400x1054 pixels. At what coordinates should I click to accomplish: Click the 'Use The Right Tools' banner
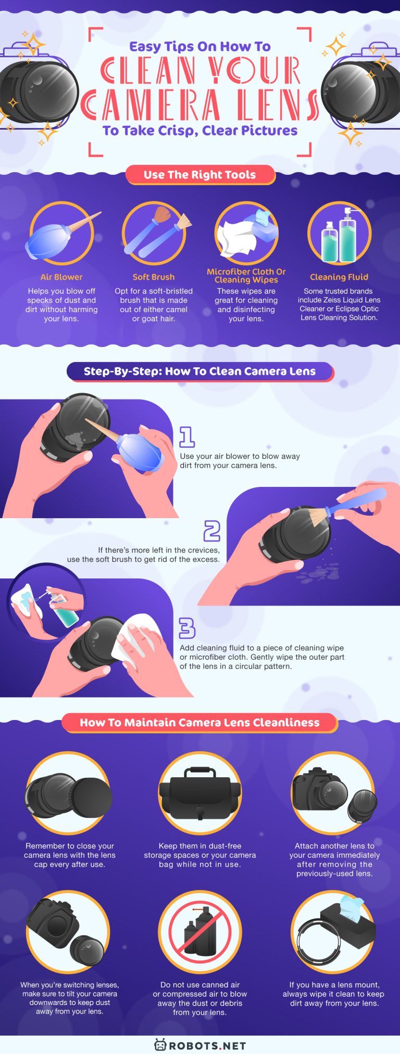[x=200, y=175]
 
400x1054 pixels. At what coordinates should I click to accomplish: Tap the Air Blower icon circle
[x=61, y=234]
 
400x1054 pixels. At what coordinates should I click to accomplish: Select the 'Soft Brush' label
[x=154, y=277]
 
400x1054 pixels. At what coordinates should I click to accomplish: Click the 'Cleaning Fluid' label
[x=339, y=277]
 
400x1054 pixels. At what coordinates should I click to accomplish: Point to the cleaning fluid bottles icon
[x=339, y=235]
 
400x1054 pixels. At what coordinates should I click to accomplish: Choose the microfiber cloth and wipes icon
[x=246, y=234]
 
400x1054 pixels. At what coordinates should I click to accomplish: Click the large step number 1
[x=187, y=437]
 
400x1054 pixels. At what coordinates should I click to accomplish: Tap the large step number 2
[x=212, y=531]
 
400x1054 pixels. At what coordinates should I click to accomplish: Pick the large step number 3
[x=187, y=628]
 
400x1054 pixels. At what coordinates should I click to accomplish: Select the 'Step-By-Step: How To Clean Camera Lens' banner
[x=200, y=371]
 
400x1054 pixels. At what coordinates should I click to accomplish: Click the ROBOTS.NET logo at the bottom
[x=200, y=1045]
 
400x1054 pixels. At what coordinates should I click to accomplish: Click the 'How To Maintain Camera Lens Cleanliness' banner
[x=200, y=723]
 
